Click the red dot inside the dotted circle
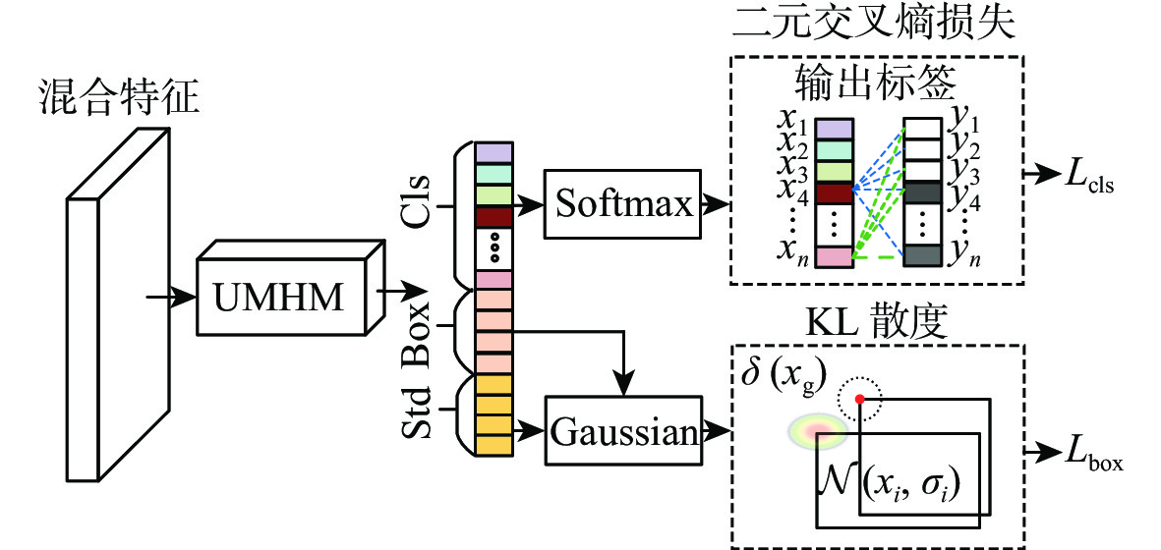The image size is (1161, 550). tap(860, 399)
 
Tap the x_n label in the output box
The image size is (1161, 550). tap(789, 253)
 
